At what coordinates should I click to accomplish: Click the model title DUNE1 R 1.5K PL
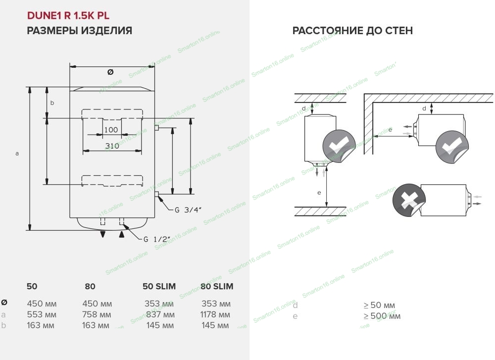click(68, 15)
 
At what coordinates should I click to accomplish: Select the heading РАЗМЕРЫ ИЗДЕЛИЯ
click(79, 31)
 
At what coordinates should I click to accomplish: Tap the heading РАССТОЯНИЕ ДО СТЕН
click(352, 31)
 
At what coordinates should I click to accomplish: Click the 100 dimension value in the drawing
click(111, 130)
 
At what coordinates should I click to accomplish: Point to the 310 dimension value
click(112, 146)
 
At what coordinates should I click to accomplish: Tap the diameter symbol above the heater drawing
click(111, 72)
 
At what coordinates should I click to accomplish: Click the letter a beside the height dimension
click(17, 154)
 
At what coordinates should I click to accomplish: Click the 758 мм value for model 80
click(97, 315)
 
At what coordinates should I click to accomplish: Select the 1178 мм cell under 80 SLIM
click(216, 315)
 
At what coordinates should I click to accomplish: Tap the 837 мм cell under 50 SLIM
click(160, 315)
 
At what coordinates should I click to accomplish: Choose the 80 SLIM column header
click(217, 286)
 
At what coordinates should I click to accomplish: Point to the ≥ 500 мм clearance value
click(382, 316)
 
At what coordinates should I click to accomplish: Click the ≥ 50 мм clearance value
click(379, 305)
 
